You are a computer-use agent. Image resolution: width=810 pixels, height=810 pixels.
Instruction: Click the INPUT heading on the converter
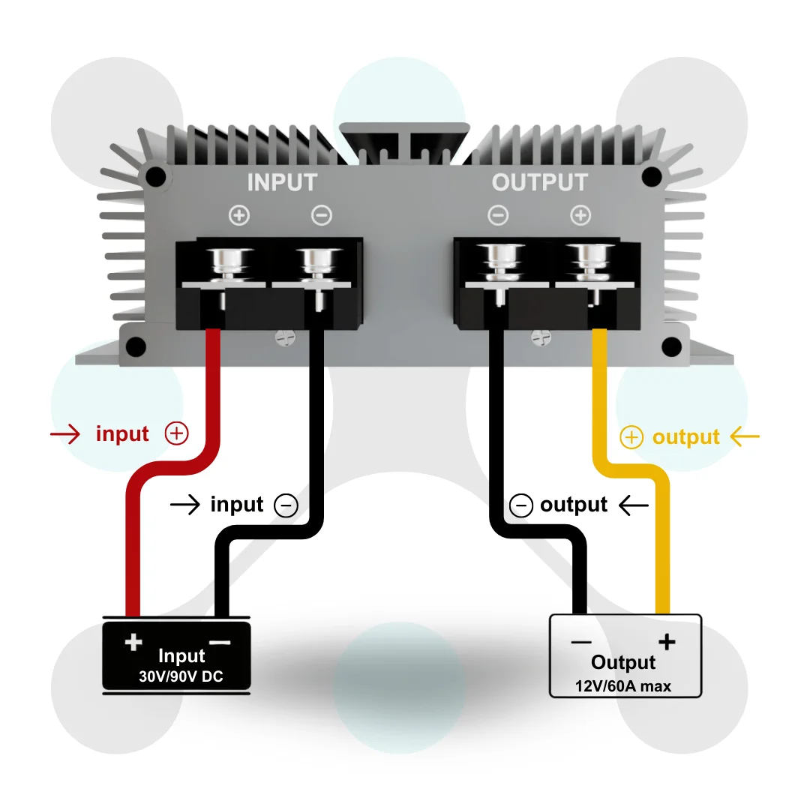point(282,182)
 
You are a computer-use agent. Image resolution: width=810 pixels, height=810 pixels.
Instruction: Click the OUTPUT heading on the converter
point(539,182)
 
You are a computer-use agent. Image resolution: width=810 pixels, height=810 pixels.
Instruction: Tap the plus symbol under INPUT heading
point(239,216)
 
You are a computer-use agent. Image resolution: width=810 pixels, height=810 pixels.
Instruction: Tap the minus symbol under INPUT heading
point(321,216)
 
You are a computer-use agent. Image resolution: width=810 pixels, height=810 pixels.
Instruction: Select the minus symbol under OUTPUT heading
point(498,216)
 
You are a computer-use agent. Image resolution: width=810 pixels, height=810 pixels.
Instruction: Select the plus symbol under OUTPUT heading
point(580,216)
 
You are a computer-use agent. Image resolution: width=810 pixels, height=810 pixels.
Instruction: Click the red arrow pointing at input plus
point(65,434)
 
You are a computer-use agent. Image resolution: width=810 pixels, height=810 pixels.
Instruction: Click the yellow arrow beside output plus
point(745,436)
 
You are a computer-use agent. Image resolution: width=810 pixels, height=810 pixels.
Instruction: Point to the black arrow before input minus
point(185,505)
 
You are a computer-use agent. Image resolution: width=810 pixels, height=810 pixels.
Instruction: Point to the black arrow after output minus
point(634,505)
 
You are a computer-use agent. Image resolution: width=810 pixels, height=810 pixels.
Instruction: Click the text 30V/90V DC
point(181,676)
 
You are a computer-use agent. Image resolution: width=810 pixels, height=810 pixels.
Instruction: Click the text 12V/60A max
point(623,685)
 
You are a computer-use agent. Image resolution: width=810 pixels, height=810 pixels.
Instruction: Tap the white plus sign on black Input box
point(133,642)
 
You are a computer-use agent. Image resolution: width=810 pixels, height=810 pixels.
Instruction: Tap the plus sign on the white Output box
point(666,642)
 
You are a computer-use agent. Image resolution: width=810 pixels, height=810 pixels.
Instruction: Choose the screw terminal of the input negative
point(313,262)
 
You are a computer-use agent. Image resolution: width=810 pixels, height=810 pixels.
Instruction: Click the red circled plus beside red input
point(176,433)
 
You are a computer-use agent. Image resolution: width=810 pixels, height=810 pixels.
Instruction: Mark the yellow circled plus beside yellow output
point(632,438)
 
